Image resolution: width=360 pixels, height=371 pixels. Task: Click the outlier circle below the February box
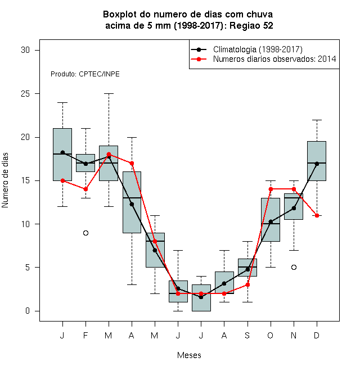tap(85, 233)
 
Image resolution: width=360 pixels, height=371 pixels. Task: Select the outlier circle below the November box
tap(294, 268)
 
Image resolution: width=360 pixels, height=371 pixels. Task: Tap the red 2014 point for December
tap(317, 215)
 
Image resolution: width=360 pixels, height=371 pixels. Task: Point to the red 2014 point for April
tap(132, 163)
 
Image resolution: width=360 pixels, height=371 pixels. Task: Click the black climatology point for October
tap(271, 222)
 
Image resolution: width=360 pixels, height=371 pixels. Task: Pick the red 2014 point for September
tap(247, 284)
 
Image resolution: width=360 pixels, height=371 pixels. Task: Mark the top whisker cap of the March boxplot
tap(109, 94)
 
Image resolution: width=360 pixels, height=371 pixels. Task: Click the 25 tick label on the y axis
tap(25, 94)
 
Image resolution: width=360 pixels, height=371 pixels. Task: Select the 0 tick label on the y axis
tap(28, 311)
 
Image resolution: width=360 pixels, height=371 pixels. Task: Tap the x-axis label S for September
tap(247, 335)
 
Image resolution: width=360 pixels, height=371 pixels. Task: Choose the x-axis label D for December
tap(317, 335)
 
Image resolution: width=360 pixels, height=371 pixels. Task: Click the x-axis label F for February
tap(85, 335)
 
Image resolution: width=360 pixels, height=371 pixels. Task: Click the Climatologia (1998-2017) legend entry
tap(247, 49)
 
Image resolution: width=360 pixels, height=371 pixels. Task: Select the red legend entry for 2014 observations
tap(263, 59)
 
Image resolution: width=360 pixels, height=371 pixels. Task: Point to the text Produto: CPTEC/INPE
tap(85, 74)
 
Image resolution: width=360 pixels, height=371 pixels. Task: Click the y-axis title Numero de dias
tap(5, 180)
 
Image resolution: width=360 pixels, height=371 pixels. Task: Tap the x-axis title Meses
tap(189, 355)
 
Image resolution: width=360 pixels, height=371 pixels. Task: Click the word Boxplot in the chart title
tap(120, 15)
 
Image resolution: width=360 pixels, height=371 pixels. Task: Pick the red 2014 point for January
tap(63, 181)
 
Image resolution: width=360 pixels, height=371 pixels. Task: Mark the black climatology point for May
tap(155, 250)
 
